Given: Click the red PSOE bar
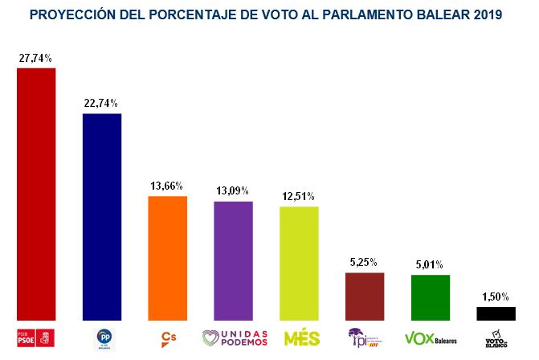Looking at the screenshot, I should [x=36, y=194].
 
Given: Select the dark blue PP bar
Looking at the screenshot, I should [x=102, y=216].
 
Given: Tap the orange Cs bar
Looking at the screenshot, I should [x=168, y=258].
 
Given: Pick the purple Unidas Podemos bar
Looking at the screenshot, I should [x=233, y=260].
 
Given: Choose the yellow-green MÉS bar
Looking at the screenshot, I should [x=299, y=263].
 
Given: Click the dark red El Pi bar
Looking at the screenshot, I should [x=364, y=297].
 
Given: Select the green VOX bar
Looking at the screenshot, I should [x=430, y=297].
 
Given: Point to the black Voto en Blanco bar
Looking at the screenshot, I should [x=496, y=313].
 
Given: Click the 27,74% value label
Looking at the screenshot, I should [x=36, y=58].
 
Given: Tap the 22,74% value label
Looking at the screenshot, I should [x=102, y=103].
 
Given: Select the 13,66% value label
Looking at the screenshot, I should [x=168, y=186].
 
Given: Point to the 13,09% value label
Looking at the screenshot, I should [x=233, y=190].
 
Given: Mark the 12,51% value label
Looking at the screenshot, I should [x=299, y=196].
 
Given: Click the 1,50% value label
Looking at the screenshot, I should [x=496, y=297].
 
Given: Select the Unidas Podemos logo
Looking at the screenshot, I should [x=235, y=337].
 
